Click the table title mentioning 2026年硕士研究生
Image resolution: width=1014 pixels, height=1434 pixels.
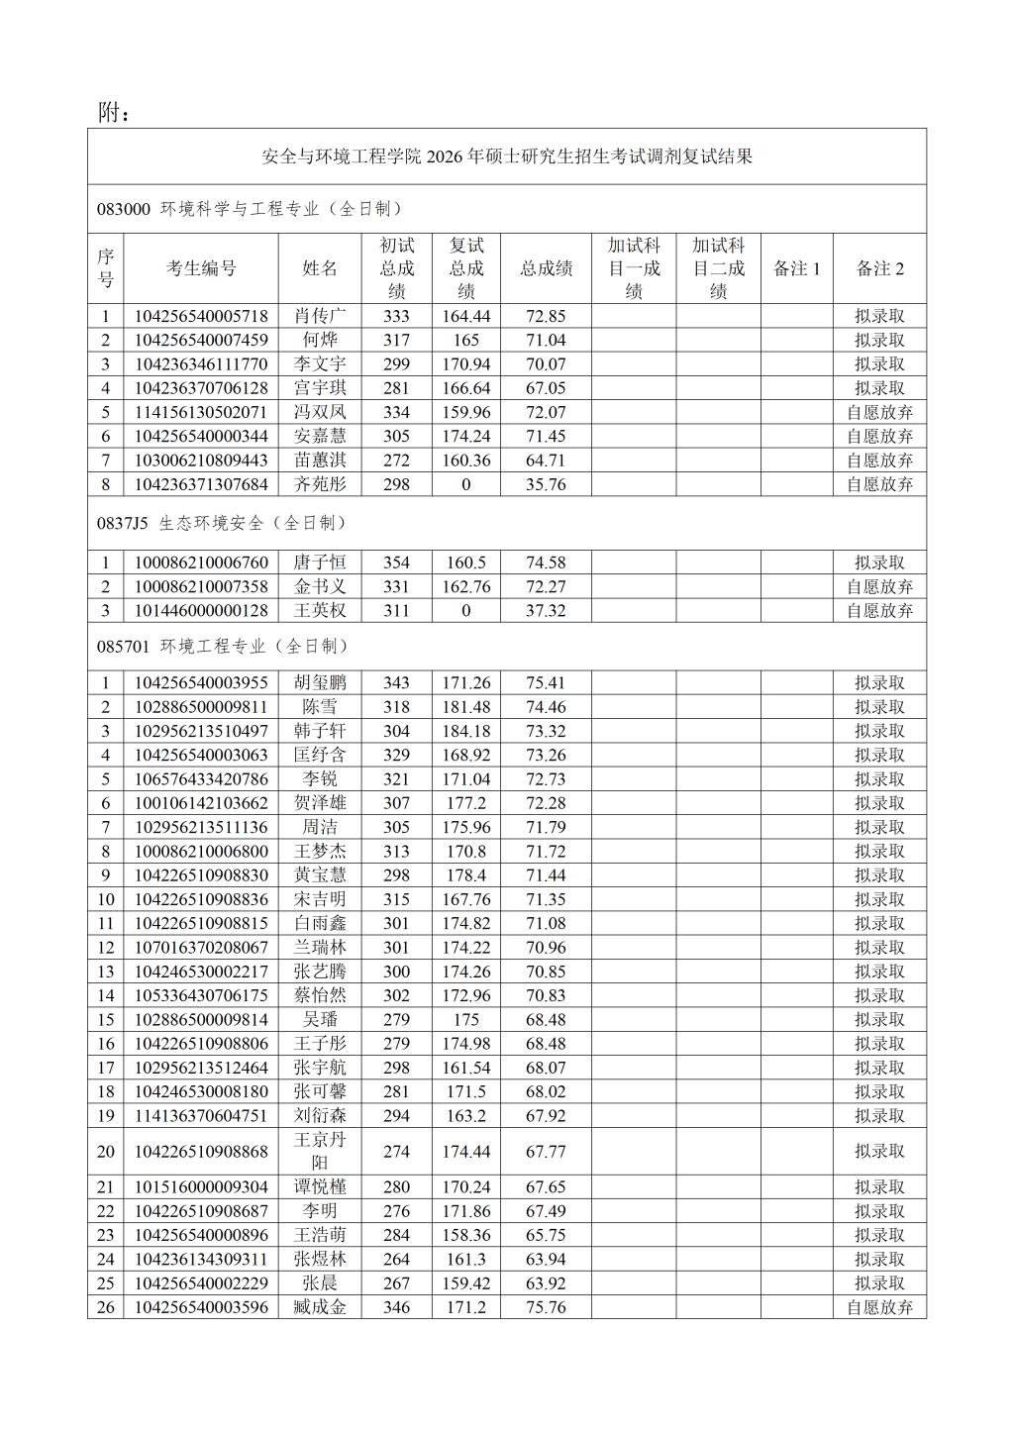507,156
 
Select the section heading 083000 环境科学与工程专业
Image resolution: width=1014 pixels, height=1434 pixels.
250,209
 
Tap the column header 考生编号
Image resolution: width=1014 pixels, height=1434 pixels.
201,268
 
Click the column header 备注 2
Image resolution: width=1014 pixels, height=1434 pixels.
879,268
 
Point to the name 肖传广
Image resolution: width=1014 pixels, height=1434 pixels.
320,316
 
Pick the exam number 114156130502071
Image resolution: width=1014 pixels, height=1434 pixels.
201,412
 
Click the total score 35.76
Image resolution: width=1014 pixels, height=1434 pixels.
546,484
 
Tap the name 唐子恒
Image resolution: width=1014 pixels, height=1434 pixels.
320,563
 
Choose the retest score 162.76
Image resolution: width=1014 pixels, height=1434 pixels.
466,586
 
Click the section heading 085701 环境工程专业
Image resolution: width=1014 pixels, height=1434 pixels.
223,647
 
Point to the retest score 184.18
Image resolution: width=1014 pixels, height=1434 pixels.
466,731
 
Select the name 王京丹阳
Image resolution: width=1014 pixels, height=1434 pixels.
320,1151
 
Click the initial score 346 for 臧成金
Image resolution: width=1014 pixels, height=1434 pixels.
396,1307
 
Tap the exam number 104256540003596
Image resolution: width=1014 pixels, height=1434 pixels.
201,1307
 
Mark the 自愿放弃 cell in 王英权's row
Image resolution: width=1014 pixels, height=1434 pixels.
879,611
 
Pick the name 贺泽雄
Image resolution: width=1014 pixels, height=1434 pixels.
320,803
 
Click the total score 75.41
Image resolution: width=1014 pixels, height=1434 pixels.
546,682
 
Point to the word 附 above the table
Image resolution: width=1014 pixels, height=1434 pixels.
109,113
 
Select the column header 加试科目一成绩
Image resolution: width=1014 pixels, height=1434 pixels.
634,268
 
